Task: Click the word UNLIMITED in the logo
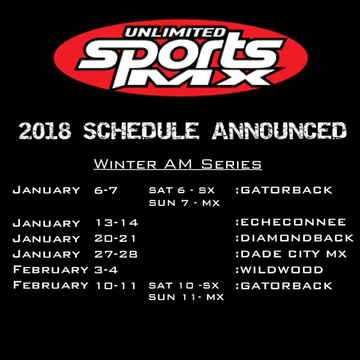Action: point(175,32)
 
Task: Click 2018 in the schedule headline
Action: point(45,130)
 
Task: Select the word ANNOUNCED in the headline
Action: point(279,130)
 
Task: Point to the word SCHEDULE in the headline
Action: point(141,130)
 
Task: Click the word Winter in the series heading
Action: point(125,164)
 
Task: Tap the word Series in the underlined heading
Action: point(232,164)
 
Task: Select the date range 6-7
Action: point(106,190)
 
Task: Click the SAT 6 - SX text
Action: point(182,190)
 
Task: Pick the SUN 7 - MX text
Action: point(185,203)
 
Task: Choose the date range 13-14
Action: point(117,223)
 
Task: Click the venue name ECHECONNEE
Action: point(291,222)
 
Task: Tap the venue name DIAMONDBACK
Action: point(295,238)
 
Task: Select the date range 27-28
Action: point(116,254)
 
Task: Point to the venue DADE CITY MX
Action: point(291,254)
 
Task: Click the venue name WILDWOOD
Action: point(280,270)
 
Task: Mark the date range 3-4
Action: point(106,270)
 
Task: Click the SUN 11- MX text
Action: point(187,297)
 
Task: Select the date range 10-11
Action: point(116,286)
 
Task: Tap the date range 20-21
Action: point(115,238)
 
